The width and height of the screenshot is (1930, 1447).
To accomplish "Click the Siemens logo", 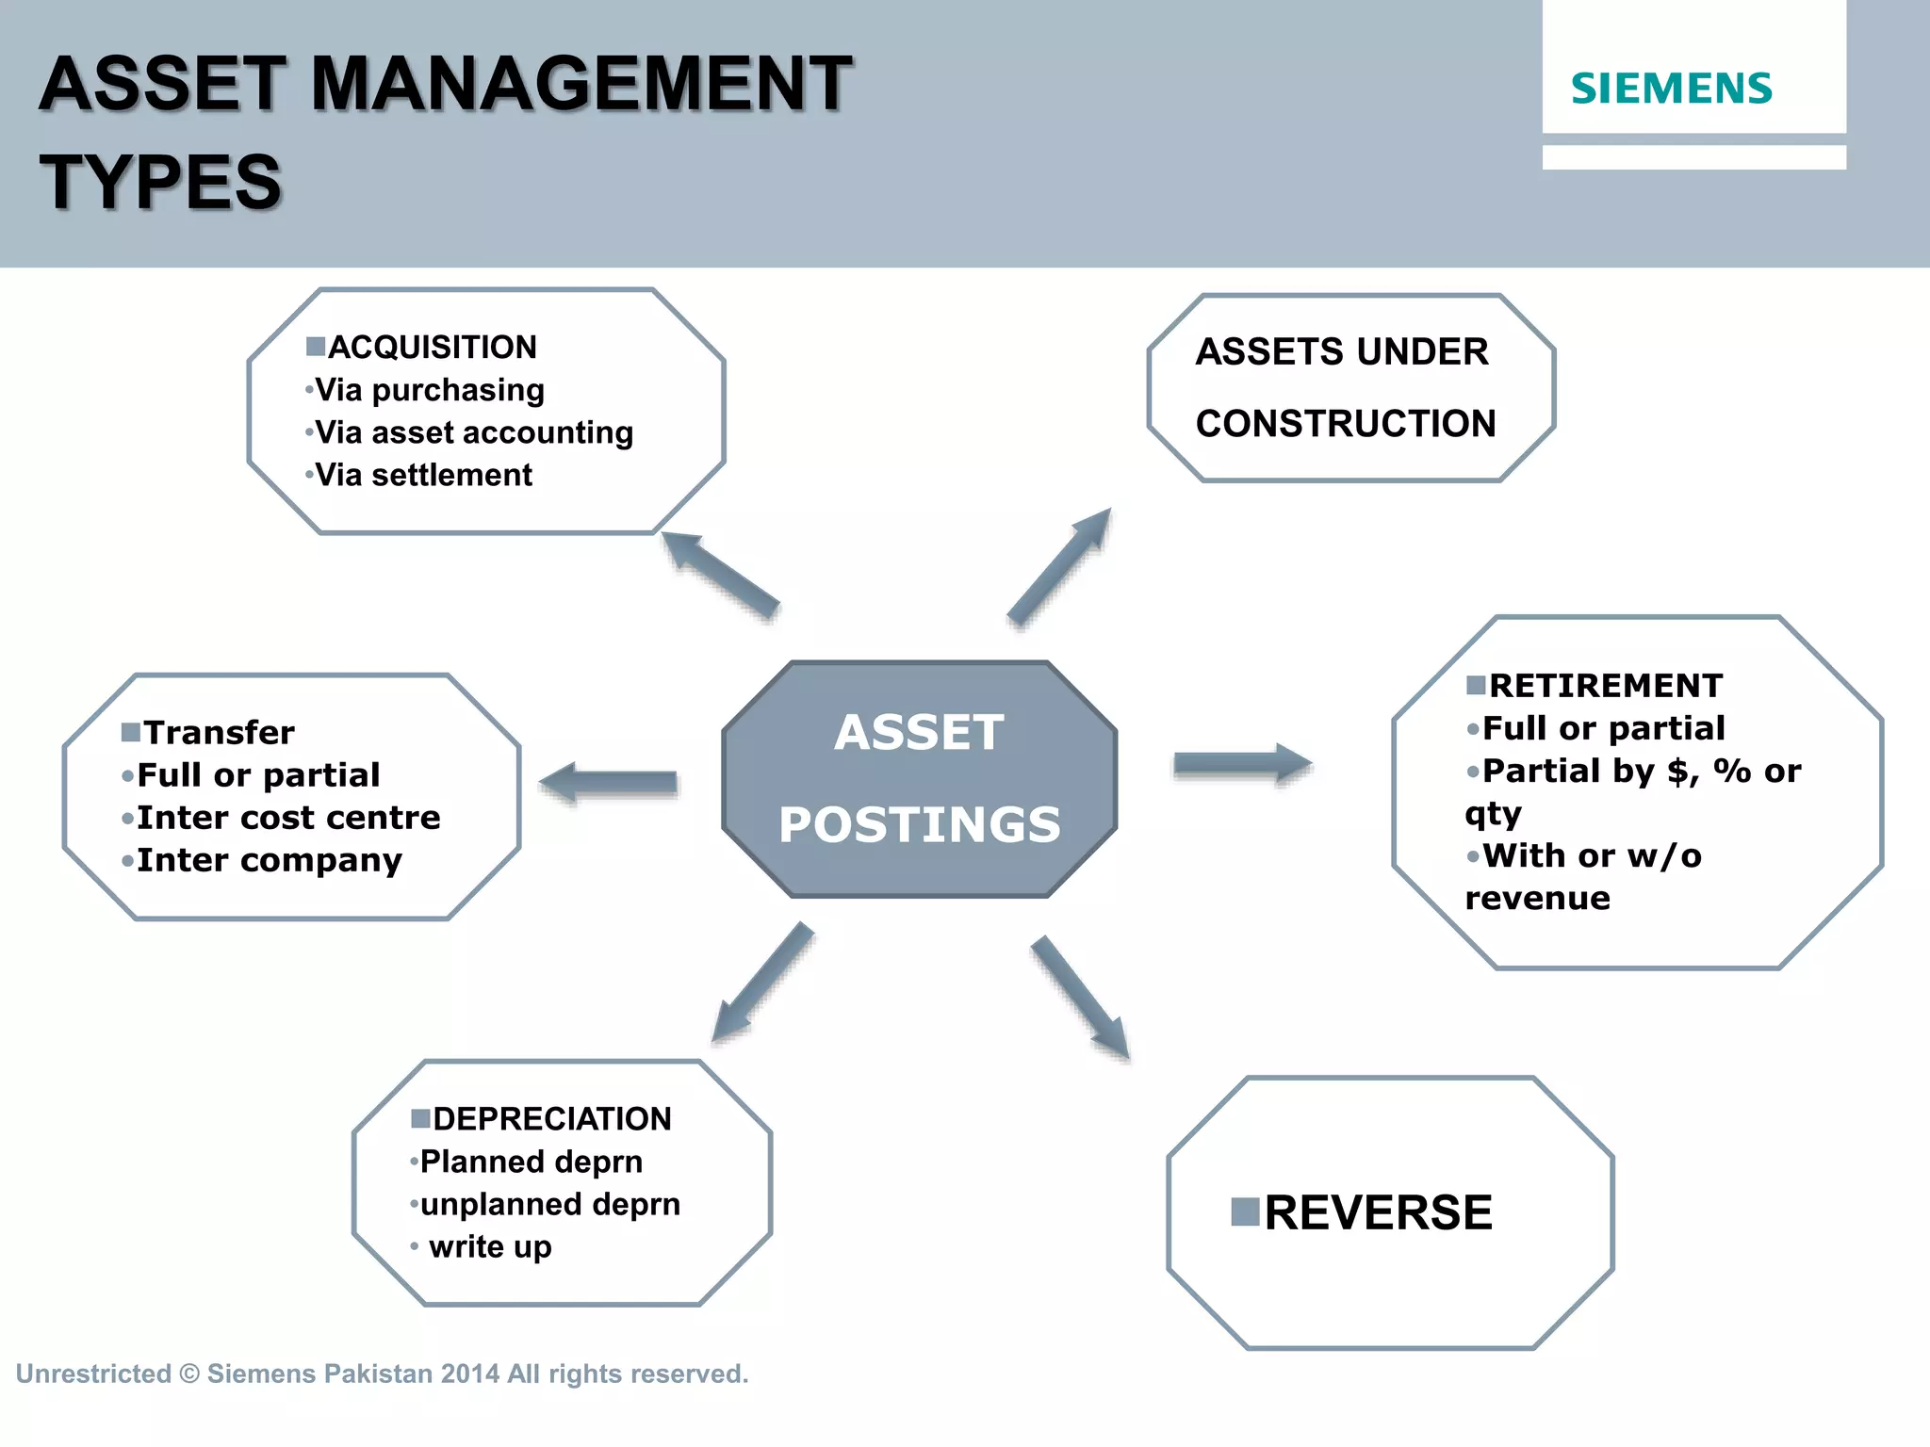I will pos(1671,89).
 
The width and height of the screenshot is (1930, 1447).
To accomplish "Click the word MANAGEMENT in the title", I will pos(581,85).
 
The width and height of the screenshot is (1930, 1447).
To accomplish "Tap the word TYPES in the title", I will pos(161,183).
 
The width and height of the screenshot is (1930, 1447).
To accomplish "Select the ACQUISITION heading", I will pos(432,348).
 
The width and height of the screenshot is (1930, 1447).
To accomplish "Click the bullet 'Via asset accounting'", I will pos(473,432).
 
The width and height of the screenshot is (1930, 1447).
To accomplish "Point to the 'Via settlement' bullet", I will pos(423,475).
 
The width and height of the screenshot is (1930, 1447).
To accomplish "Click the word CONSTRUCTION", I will pos(1346,424).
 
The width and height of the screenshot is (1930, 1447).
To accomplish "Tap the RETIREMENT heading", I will pos(1605,686).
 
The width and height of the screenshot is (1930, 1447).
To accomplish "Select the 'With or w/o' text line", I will pos(1592,855).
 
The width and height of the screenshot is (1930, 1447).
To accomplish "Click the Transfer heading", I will pos(219,732).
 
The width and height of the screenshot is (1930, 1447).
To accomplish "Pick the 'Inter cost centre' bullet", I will pos(288,817).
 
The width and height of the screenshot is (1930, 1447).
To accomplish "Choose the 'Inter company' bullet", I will pos(270,860).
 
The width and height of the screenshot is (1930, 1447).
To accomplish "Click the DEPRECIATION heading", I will pos(551,1119).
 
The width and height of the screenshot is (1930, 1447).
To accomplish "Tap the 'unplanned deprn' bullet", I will pos(549,1204).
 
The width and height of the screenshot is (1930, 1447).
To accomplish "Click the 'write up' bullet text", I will pos(490,1246).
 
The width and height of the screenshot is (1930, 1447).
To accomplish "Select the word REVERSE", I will pos(1378,1212).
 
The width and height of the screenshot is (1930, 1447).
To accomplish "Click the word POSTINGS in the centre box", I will pos(920,824).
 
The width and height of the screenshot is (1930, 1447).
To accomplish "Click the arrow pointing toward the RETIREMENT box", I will pos(1243,764).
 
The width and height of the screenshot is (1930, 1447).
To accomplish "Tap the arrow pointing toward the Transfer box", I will pos(609,782).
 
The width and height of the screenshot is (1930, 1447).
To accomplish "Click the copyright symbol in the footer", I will pos(189,1374).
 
